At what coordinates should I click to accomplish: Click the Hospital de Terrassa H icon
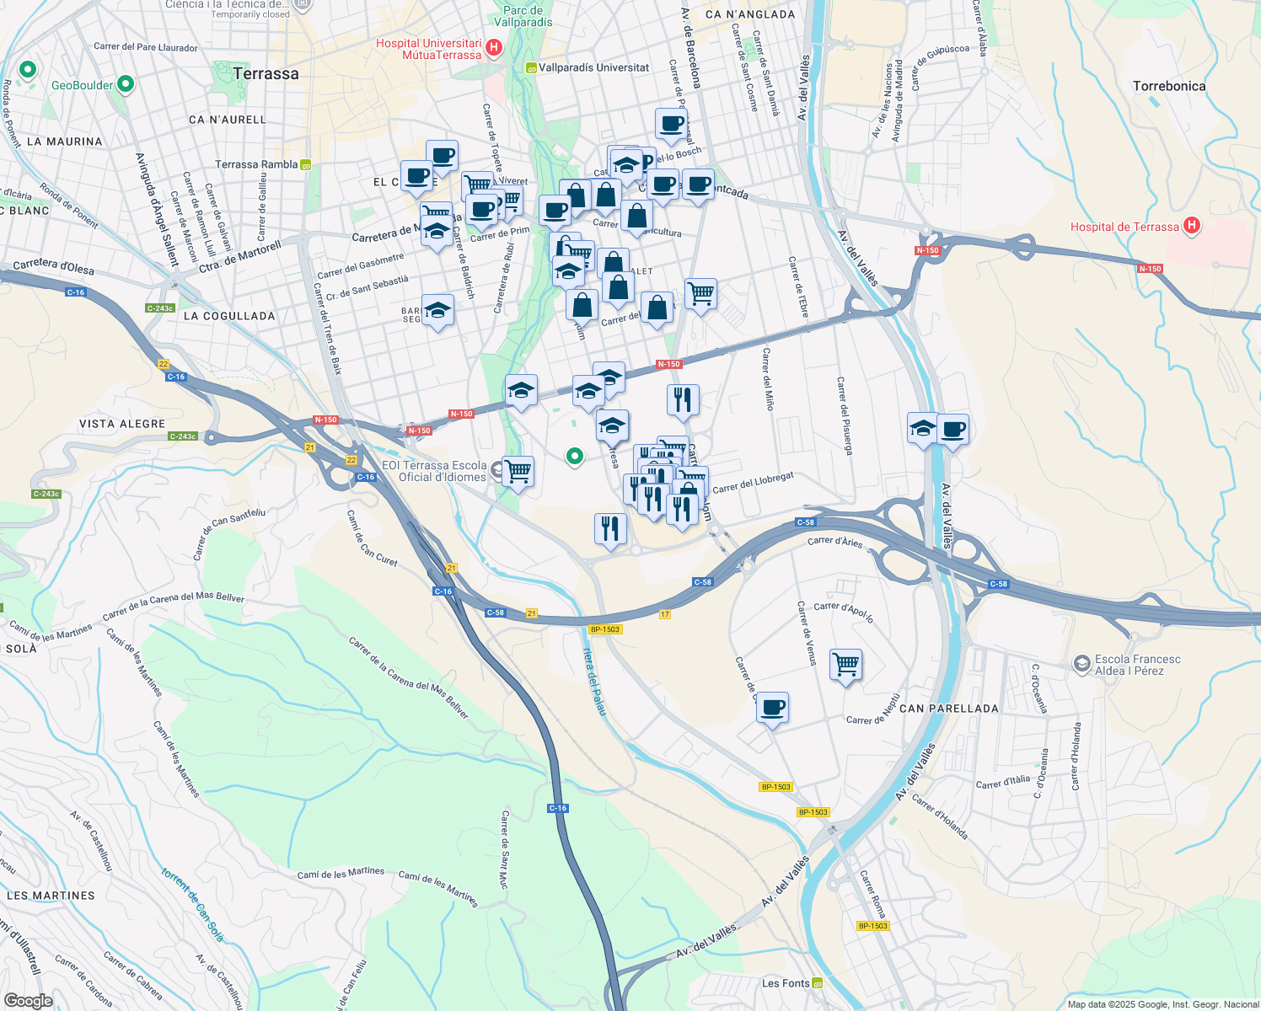1191,226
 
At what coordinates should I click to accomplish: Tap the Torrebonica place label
1169,86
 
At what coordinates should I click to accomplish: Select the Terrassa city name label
266,74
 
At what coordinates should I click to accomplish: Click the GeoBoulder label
82,85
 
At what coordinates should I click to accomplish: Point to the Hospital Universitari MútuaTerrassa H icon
494,48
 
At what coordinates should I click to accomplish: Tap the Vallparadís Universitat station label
593,67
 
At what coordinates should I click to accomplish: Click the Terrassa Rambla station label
256,164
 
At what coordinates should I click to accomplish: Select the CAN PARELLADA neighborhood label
948,709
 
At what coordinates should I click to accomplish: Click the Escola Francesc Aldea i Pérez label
1137,665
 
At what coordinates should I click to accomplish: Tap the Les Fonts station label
786,983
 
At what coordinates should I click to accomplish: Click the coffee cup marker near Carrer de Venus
772,708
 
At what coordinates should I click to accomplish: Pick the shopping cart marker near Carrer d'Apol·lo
845,664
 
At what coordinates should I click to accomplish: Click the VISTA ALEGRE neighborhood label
122,424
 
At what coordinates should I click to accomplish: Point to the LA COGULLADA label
229,316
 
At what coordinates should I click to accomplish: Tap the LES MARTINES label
51,896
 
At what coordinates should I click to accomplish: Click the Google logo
29,1001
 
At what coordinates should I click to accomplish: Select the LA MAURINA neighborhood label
65,142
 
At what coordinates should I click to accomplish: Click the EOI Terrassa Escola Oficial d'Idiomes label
434,471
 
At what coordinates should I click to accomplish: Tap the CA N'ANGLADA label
750,14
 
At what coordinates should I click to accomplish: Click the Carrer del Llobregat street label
753,483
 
